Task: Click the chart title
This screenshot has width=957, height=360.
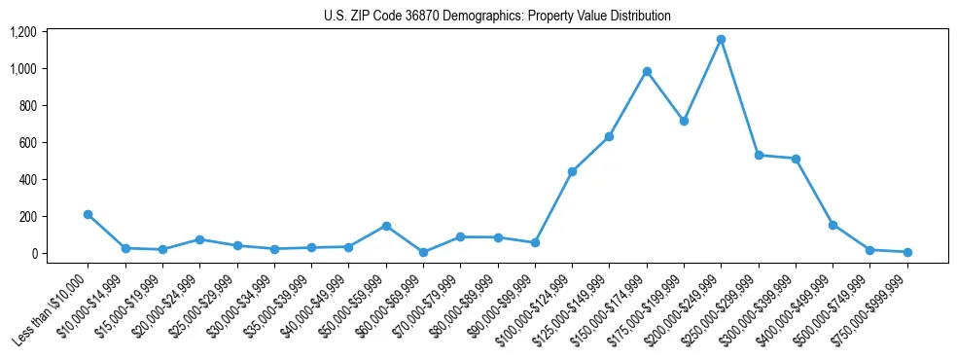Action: pyautogui.click(x=497, y=17)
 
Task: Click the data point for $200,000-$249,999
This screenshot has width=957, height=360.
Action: pyautogui.click(x=721, y=40)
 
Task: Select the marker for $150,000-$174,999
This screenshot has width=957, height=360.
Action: pyautogui.click(x=647, y=71)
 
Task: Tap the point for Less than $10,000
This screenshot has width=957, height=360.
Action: pyautogui.click(x=88, y=214)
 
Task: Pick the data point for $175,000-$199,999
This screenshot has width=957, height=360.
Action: pyautogui.click(x=684, y=122)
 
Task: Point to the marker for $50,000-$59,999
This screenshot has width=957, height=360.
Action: pyautogui.click(x=386, y=226)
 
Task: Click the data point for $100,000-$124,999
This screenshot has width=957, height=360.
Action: pyautogui.click(x=572, y=171)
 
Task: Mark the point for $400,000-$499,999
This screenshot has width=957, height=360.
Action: pyautogui.click(x=833, y=225)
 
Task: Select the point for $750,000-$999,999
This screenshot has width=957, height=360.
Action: pyautogui.click(x=907, y=252)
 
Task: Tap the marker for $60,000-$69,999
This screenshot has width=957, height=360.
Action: pyautogui.click(x=423, y=252)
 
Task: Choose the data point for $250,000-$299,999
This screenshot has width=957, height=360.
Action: pyautogui.click(x=759, y=155)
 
